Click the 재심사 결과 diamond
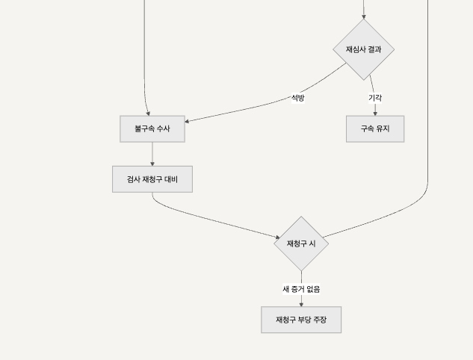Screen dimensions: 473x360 pos(364,49)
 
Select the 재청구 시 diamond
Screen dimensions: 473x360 pos(301,243)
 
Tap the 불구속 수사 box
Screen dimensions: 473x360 pos(152,128)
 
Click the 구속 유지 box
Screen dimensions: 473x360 pos(375,128)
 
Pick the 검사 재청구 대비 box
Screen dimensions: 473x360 pos(152,179)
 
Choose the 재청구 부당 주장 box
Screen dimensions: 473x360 pos(301,320)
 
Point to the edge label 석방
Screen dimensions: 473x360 pos(297,98)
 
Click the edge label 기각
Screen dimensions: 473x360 pos(375,98)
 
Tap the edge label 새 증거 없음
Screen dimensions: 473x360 pos(301,289)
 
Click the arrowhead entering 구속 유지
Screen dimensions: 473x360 pos(375,113)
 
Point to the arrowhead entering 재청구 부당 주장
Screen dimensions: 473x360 pos(301,304)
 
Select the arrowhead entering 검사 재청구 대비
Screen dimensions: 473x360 pos(152,164)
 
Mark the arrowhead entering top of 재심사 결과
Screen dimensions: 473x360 pos(364,16)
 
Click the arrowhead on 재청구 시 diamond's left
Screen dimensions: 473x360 pos(277,238)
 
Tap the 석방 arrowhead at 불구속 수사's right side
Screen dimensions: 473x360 pos(188,121)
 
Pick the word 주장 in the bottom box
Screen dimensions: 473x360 pos(320,320)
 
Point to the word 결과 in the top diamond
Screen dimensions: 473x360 pos(374,49)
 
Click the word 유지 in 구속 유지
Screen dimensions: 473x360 pos(383,128)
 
